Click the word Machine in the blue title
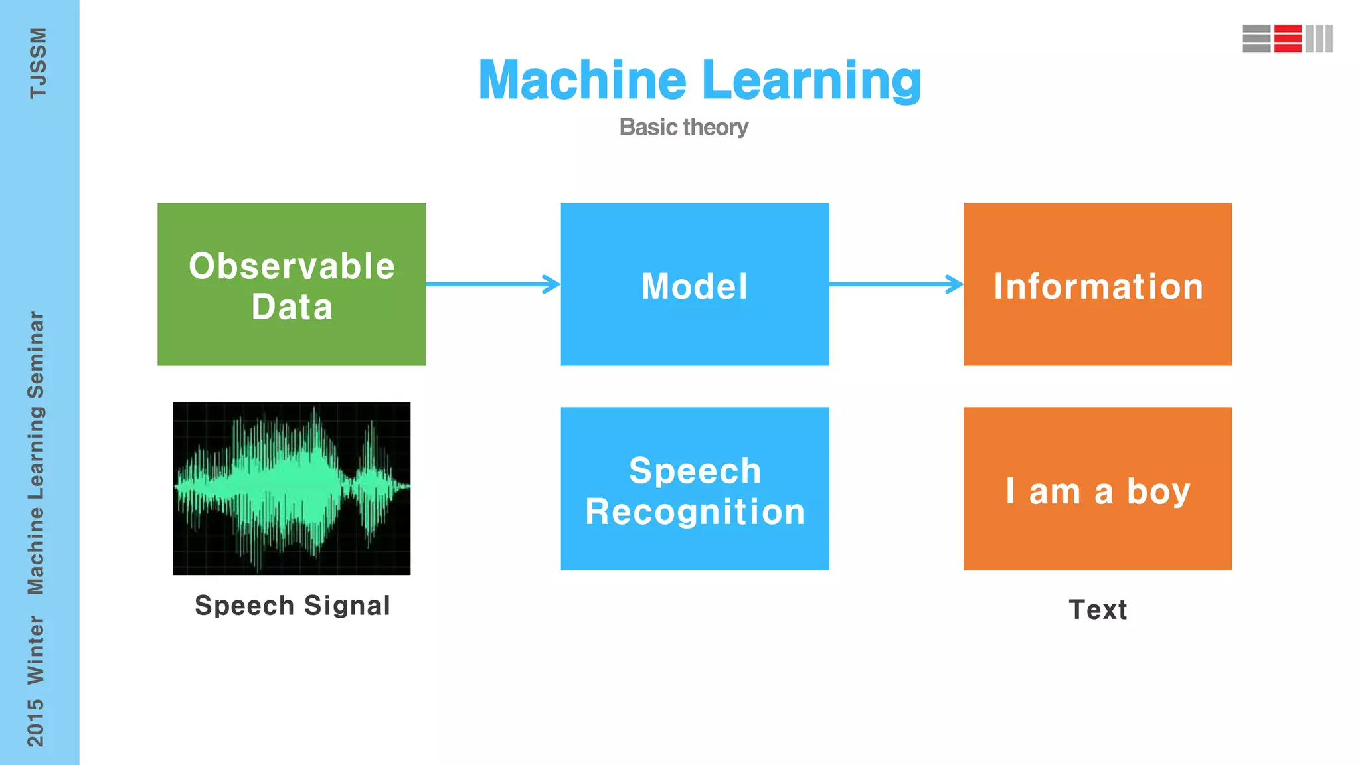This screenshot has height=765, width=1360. pos(582,80)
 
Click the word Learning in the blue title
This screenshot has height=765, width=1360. pos(811,80)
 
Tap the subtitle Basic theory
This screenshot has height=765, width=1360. pos(683,127)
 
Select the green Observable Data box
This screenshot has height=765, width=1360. pos(292,284)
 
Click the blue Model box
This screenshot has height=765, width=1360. pos(695,284)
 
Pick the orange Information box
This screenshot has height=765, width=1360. pos(1098,284)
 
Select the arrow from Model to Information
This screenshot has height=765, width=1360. pos(896,284)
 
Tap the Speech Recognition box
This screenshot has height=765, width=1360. pos(695,489)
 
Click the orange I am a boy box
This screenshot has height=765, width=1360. pos(1098,489)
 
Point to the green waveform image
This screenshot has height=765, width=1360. pos(292,489)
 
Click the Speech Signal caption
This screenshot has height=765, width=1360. pos(292,606)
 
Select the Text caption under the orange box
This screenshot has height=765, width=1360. pos(1098,610)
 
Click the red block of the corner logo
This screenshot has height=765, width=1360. pos(1288,39)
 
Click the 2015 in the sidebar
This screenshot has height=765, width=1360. pos(36,722)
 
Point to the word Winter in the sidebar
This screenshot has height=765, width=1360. pos(36,649)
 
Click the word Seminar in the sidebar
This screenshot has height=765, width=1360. pos(36,355)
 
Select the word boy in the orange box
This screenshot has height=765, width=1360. pos(1158,492)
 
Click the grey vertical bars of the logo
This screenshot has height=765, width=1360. pos(1319,39)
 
